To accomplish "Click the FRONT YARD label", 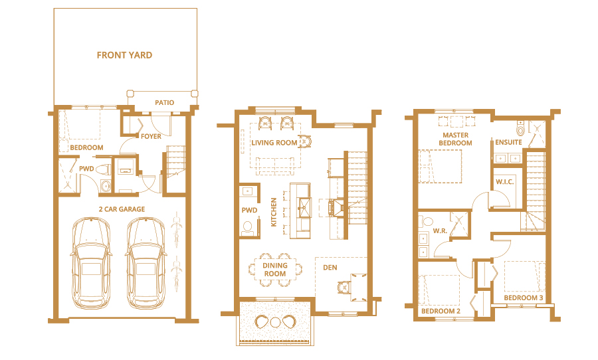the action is point(124,55).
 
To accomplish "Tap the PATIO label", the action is point(164,102).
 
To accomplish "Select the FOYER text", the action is point(151,136).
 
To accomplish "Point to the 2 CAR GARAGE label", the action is point(122,209).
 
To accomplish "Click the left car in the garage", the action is point(91,263).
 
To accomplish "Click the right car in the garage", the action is point(146,263).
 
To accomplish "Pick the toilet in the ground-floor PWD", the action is point(103,169).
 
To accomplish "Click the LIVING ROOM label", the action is point(274,143).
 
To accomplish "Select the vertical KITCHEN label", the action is point(274,212).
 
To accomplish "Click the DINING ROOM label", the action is point(274,270).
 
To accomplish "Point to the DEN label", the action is point(330,268).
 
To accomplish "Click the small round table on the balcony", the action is point(275,322).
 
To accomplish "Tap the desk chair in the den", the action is point(344,287).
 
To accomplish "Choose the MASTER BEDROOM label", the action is point(455,139).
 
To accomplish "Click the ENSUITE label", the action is point(508,142).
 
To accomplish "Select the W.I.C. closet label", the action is point(504,182).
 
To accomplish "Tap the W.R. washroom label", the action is point(440,231).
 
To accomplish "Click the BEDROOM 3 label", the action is point(524,298).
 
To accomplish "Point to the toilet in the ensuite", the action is point(520,128).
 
